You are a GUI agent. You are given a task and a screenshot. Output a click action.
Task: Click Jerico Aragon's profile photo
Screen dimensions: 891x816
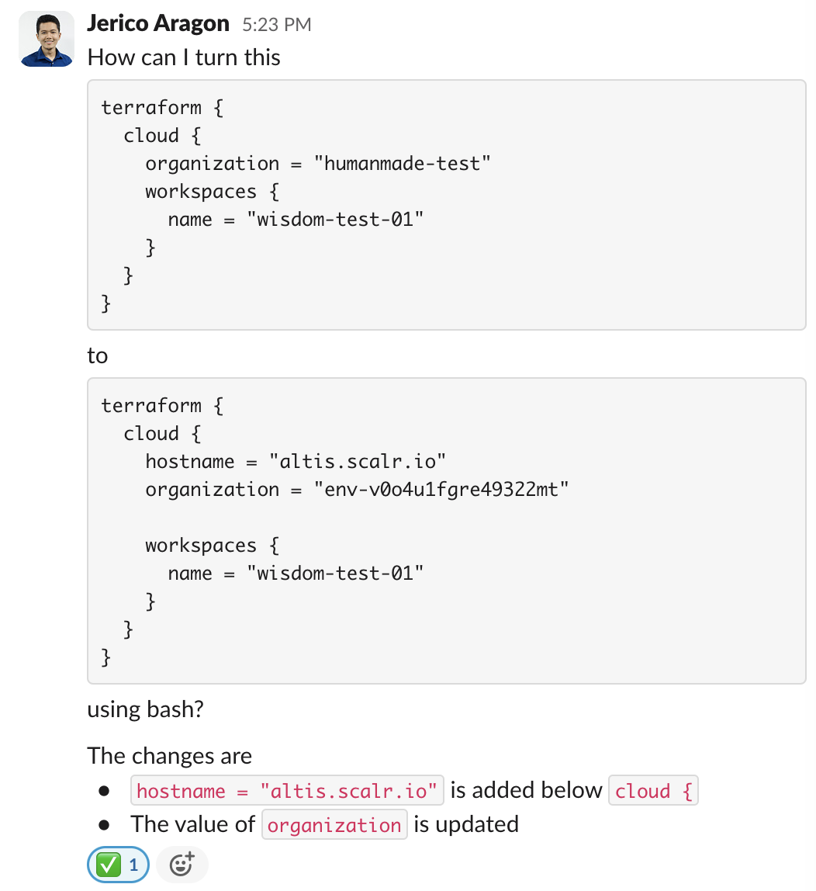click(x=47, y=39)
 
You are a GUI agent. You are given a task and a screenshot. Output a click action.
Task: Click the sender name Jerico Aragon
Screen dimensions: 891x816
click(x=158, y=24)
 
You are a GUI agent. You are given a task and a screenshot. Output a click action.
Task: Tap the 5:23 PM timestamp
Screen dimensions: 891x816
click(x=276, y=26)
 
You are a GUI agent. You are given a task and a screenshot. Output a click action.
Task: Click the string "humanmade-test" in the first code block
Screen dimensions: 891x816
click(x=402, y=164)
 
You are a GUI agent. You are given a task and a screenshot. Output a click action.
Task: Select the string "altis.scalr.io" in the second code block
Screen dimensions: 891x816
click(x=358, y=462)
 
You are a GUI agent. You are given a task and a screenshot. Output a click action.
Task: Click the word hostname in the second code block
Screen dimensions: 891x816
click(x=189, y=462)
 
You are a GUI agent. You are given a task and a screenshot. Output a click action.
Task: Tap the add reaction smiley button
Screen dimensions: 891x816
click(x=182, y=865)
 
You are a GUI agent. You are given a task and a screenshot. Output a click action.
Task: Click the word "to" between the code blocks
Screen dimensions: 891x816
click(x=97, y=356)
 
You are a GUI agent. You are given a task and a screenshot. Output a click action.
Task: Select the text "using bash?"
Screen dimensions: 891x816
click(x=145, y=709)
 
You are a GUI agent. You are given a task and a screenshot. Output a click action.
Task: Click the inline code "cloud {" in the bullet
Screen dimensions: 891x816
click(x=653, y=791)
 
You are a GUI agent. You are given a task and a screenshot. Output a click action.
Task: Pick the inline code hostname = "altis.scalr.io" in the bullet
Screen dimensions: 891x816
click(x=287, y=791)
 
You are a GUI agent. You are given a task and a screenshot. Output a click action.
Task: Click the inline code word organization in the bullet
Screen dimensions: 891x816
click(x=334, y=825)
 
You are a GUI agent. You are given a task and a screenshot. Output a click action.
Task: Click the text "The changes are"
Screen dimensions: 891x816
click(x=169, y=756)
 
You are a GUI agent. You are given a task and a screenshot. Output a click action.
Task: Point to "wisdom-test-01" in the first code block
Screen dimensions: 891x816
click(x=335, y=220)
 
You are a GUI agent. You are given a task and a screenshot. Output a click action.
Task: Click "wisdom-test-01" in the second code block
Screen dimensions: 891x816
click(x=335, y=574)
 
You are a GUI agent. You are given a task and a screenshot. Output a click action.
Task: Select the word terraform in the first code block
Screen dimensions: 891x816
click(x=151, y=107)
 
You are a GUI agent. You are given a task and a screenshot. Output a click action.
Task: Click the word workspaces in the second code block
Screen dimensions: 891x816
click(x=200, y=546)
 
